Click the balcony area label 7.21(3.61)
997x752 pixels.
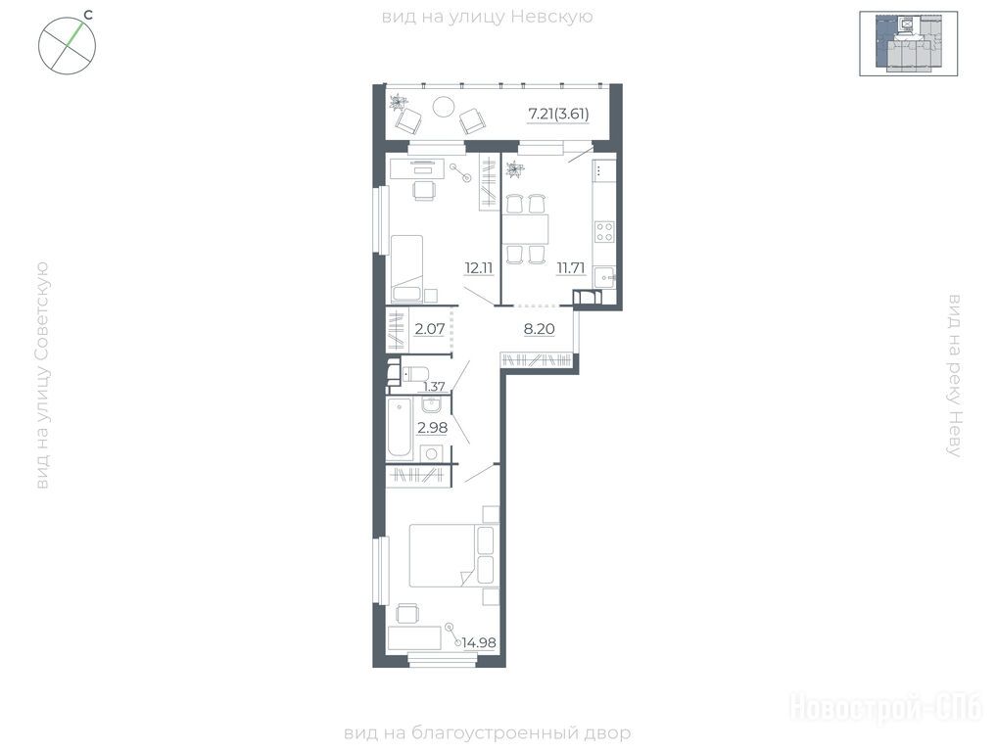pyautogui.click(x=558, y=114)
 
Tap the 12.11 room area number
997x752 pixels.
pyautogui.click(x=478, y=267)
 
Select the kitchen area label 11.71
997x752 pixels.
pyautogui.click(x=570, y=267)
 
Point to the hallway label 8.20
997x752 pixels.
pyautogui.click(x=539, y=329)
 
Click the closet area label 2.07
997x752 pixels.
pyautogui.click(x=429, y=329)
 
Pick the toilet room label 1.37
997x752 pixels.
pyautogui.click(x=434, y=386)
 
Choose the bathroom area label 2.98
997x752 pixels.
pyautogui.click(x=432, y=428)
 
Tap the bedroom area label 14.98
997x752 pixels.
pyautogui.click(x=479, y=642)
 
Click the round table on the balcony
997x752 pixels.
pyautogui.click(x=444, y=106)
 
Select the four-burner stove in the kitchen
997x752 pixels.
pyautogui.click(x=604, y=231)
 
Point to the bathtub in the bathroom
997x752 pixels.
pyautogui.click(x=400, y=427)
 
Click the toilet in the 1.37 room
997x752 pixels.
pyautogui.click(x=414, y=374)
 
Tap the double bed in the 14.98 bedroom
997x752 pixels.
pyautogui.click(x=452, y=555)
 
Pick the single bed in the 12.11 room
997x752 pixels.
pyautogui.click(x=407, y=267)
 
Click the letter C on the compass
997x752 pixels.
pyautogui.click(x=88, y=16)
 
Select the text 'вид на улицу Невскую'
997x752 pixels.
pyautogui.click(x=487, y=17)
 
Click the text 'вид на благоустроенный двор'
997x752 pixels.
pyautogui.click(x=487, y=733)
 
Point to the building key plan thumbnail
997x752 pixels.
pyautogui.click(x=908, y=43)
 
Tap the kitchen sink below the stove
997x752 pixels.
pyautogui.click(x=604, y=277)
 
